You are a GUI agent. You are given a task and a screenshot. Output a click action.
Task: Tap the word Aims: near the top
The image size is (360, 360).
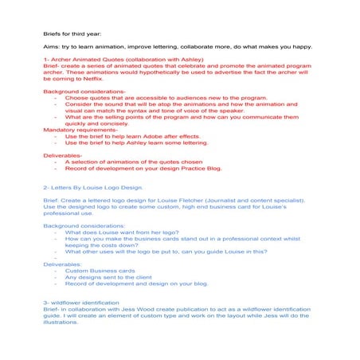(x=52, y=47)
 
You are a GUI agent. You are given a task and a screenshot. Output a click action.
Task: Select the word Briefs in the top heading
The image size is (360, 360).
(x=53, y=34)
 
